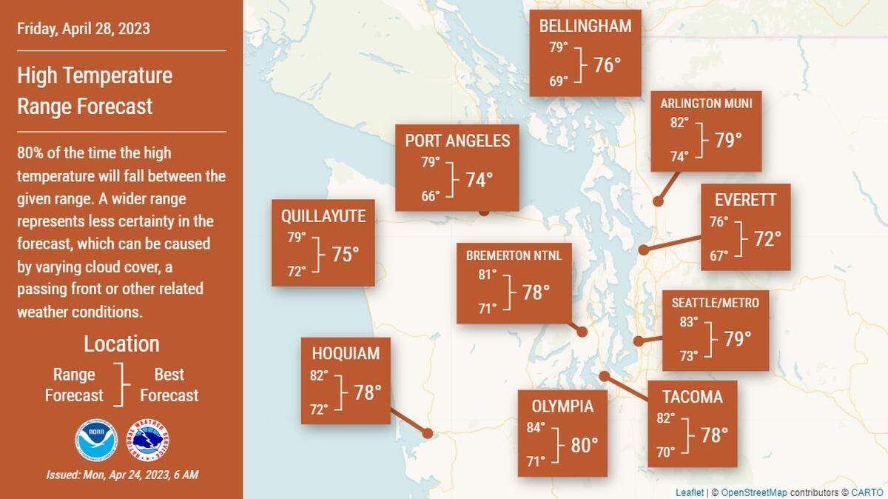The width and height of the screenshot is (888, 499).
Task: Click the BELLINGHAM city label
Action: (x=585, y=27)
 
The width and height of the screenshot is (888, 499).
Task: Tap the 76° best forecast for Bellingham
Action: (x=607, y=65)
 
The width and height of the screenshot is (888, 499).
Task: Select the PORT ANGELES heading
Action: (x=457, y=141)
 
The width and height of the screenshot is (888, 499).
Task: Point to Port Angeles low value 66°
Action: (x=431, y=195)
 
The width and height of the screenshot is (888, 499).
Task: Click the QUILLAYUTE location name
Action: (x=323, y=216)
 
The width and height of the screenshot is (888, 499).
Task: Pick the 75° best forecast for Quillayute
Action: (x=345, y=255)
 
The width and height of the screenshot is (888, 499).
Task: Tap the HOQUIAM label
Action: (x=346, y=354)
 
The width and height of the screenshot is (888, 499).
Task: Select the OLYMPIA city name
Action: (x=562, y=406)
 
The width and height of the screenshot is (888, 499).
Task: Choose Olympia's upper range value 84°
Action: (x=536, y=427)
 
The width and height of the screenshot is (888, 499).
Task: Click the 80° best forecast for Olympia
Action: (x=585, y=445)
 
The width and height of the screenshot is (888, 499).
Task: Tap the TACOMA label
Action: (x=693, y=398)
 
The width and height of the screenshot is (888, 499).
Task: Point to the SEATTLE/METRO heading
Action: (x=715, y=303)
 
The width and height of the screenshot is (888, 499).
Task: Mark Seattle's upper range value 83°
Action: (x=689, y=322)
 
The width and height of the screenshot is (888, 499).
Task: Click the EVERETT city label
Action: (x=745, y=201)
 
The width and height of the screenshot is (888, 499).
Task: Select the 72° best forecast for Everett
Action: (x=767, y=239)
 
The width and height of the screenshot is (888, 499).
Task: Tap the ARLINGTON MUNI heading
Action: (x=706, y=104)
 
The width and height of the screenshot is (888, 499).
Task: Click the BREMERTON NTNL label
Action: (x=514, y=256)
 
